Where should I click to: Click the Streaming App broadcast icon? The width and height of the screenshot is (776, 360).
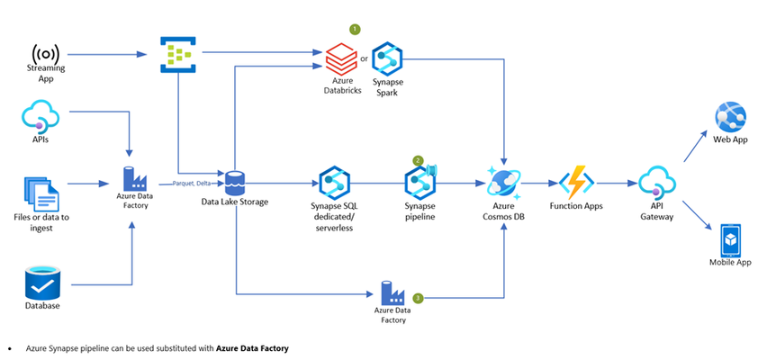tap(45, 53)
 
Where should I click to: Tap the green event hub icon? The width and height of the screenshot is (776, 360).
tap(178, 54)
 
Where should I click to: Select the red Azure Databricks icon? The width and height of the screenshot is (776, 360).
tap(341, 58)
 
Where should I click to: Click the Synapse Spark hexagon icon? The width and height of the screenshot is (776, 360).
tap(386, 58)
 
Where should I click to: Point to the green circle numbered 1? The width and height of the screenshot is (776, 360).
tap(355, 29)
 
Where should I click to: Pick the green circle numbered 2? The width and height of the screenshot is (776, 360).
tap(419, 161)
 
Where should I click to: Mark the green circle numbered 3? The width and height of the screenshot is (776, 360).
tap(419, 298)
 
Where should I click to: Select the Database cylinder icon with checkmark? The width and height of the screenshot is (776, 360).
tap(42, 283)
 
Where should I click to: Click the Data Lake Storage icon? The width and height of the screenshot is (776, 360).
tap(234, 183)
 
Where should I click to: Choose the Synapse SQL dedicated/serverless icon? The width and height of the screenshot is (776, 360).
tap(335, 183)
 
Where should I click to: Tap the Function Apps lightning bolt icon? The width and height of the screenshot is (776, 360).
tap(576, 183)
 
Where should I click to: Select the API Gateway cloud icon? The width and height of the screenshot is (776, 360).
tap(657, 183)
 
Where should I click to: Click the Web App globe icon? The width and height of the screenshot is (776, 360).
tap(730, 116)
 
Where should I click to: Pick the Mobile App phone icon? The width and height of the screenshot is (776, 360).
tap(730, 240)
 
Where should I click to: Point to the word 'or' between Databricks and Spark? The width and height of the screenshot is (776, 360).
tap(365, 58)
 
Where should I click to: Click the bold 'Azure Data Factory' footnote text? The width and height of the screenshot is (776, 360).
tap(252, 348)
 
